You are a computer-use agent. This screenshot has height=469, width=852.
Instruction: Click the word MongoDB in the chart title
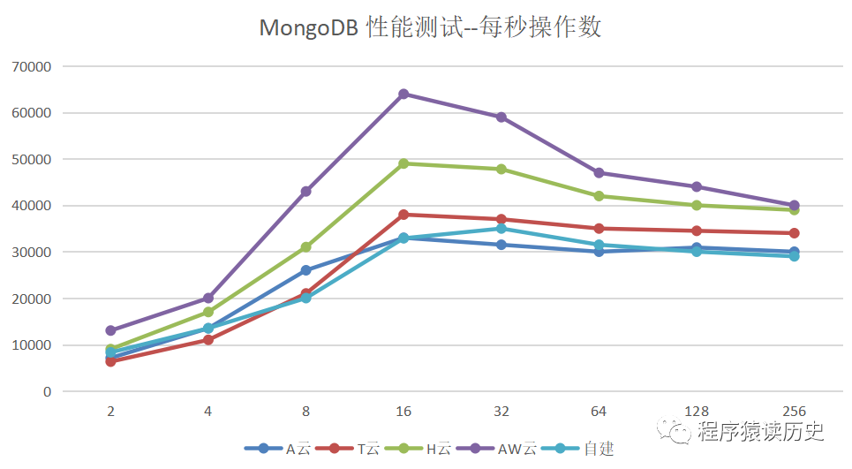click(307, 27)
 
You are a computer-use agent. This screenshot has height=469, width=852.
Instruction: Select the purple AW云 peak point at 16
click(403, 94)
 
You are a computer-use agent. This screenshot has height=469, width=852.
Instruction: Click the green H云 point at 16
click(403, 163)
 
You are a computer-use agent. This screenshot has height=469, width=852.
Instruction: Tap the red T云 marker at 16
click(403, 215)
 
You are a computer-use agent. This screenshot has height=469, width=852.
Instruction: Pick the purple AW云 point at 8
click(306, 192)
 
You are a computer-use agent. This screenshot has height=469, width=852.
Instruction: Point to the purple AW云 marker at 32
click(501, 117)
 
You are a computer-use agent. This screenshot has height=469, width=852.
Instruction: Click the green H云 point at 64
click(599, 196)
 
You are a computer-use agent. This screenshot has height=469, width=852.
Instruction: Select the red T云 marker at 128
click(697, 231)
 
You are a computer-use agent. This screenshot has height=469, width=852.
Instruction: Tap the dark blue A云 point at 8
click(306, 270)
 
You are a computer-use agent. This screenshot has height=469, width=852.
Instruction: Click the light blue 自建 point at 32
click(501, 229)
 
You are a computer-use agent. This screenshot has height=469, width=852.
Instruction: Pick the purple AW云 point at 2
click(111, 330)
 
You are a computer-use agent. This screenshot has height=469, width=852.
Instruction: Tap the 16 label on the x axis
click(403, 412)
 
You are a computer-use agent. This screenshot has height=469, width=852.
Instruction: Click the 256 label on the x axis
click(794, 412)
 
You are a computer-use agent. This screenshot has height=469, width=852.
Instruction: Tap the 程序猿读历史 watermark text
click(759, 433)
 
